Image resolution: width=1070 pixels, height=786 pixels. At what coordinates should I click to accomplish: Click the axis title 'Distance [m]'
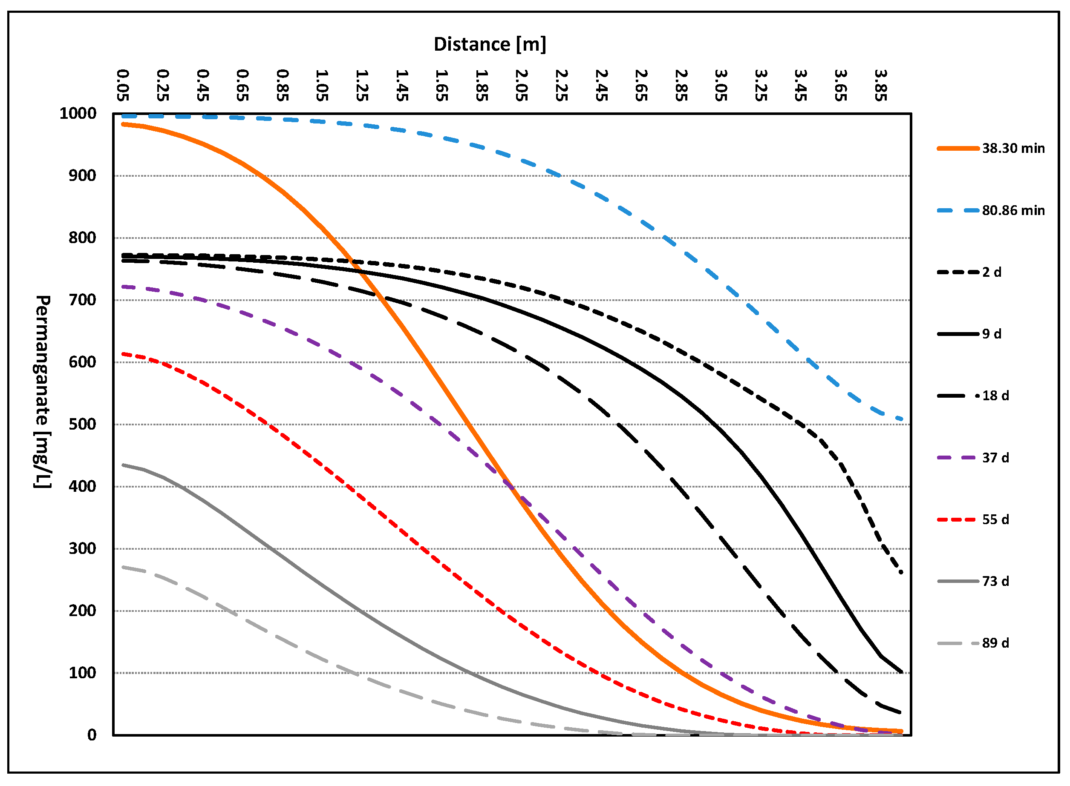pyautogui.click(x=490, y=44)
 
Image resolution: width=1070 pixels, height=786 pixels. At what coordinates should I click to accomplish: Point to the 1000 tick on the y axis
pyautogui.click(x=78, y=114)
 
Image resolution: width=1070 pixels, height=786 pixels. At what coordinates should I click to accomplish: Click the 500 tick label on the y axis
pyautogui.click(x=82, y=425)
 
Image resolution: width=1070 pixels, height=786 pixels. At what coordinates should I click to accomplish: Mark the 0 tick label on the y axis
pyautogui.click(x=92, y=735)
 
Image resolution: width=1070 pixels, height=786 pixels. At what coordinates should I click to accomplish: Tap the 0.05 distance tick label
pyautogui.click(x=123, y=85)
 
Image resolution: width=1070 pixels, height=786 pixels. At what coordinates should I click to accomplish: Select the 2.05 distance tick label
pyautogui.click(x=522, y=85)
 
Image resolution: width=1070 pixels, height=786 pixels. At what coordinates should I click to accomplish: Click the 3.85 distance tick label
pyautogui.click(x=881, y=85)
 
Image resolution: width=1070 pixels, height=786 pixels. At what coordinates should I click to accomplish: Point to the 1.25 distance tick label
pyautogui.click(x=362, y=85)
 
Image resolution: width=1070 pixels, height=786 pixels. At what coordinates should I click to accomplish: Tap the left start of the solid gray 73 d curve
pyautogui.click(x=123, y=465)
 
